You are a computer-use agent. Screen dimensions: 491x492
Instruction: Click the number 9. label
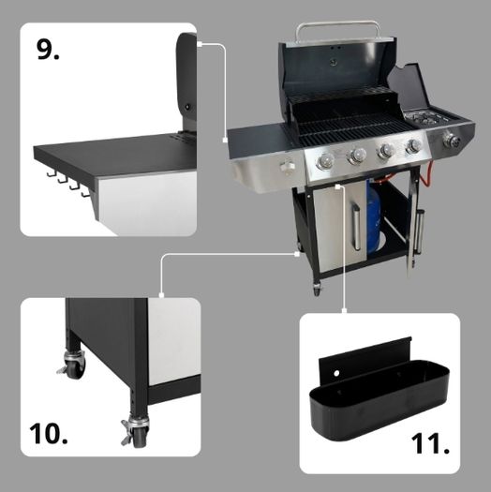[48, 50]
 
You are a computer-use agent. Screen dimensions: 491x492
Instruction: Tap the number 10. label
[49, 433]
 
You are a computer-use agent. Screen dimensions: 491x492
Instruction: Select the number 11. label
[430, 443]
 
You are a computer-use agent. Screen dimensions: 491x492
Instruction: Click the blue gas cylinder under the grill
[374, 217]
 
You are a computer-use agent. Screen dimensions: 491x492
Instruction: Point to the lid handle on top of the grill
[338, 30]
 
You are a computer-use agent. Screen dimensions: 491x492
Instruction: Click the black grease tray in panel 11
[379, 396]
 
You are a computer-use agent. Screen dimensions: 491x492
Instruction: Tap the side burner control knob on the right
[452, 141]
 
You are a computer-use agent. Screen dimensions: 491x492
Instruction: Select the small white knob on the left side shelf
[287, 167]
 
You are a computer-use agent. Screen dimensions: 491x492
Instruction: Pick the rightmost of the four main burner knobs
[413, 146]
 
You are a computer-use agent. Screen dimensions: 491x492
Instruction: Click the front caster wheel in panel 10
[136, 432]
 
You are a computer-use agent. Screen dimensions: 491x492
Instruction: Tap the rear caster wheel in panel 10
[72, 364]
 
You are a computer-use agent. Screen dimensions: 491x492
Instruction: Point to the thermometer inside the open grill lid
[333, 63]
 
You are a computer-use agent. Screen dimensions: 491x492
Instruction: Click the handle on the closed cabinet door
[356, 226]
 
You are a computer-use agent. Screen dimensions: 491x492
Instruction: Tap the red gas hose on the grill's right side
[425, 176]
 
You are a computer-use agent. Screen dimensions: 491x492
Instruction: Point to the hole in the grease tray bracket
[336, 373]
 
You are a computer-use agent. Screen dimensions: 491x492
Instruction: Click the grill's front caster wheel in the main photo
[317, 289]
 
